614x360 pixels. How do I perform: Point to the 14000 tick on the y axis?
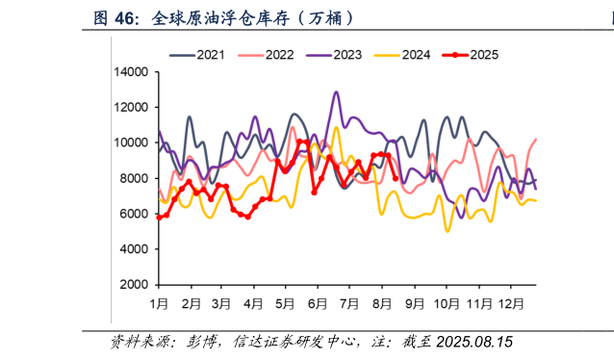131,72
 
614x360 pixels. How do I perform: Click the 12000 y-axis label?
131,108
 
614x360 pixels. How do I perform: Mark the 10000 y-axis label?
131,143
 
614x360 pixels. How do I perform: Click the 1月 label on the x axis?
160,304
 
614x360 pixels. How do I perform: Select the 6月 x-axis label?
319,304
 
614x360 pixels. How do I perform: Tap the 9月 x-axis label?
415,304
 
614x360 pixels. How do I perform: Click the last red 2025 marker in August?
396,178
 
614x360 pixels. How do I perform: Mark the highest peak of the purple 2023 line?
336,92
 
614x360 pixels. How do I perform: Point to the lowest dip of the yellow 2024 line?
448,231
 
